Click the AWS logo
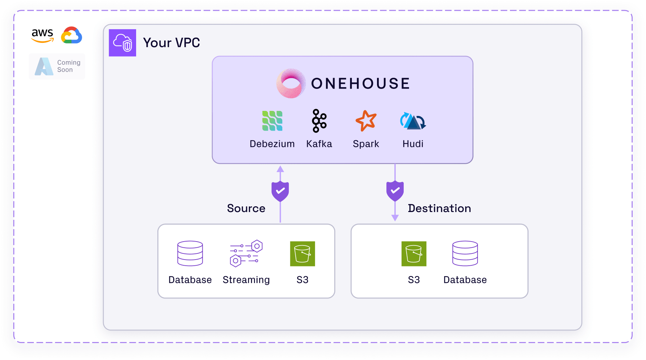click(42, 35)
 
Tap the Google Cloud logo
click(72, 35)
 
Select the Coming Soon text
click(68, 66)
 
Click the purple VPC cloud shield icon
click(122, 43)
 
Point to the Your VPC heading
click(171, 43)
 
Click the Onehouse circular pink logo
click(291, 84)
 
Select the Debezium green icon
click(272, 121)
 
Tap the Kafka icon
click(319, 121)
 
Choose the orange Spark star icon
click(366, 121)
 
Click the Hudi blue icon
click(413, 121)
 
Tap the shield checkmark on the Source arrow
click(280, 191)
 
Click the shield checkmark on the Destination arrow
click(395, 191)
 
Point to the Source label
click(246, 208)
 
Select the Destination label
click(439, 208)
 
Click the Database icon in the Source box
click(190, 253)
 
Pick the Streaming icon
click(246, 253)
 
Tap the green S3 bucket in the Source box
click(302, 254)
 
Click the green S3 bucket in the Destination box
click(414, 254)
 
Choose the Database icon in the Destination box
click(465, 253)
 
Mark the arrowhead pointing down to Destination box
click(395, 218)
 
